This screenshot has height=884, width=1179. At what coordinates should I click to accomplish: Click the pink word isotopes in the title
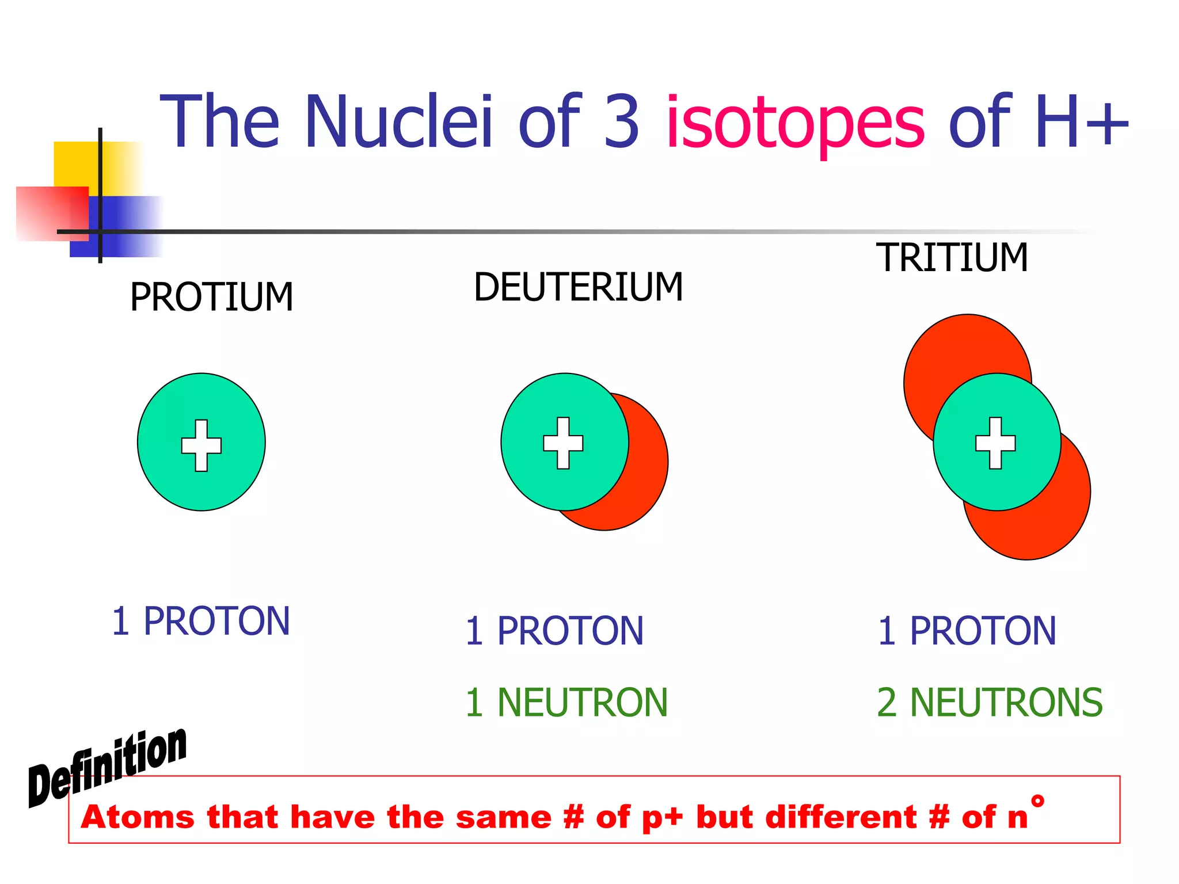pos(795,122)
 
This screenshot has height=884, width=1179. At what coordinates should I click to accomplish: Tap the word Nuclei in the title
pos(398,122)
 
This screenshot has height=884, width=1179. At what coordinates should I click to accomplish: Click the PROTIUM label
pos(211,298)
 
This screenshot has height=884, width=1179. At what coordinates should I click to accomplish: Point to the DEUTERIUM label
pos(578,287)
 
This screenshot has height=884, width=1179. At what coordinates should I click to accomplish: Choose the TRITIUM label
pos(952,257)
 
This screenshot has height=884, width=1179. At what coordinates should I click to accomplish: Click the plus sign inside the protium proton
pos(201,445)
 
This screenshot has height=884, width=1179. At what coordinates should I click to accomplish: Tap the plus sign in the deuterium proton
pos(563,443)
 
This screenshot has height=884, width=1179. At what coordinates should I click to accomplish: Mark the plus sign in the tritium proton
pos(995,443)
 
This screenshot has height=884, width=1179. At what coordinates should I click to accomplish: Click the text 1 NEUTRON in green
pos(566,703)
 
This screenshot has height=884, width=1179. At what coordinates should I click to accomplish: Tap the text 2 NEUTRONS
pos(989,703)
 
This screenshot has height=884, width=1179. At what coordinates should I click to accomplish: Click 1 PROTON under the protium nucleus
pos(200,622)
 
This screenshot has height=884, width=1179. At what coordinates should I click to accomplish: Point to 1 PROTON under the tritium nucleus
pos(967,631)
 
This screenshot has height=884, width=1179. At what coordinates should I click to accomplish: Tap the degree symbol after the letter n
pos(1037,801)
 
